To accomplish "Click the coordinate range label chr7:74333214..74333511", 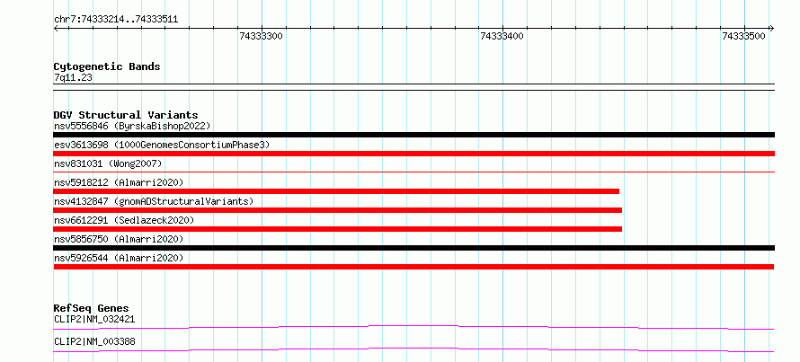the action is tap(116, 20).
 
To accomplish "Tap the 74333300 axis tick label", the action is tap(262, 36).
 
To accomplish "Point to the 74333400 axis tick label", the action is tap(502, 36).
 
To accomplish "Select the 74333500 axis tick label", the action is tap(744, 36).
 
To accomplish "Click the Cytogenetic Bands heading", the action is tap(107, 66).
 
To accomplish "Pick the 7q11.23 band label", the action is tap(73, 78).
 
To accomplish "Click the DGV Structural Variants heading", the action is tap(126, 115).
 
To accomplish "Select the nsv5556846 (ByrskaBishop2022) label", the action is tap(132, 126).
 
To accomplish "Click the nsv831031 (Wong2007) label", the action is tap(108, 163).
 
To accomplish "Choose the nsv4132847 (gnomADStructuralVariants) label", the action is tap(154, 201).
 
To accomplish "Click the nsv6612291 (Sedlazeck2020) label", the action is tap(124, 220).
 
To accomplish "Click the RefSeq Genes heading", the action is tap(91, 308).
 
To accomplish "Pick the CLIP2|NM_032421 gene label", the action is tap(94, 319).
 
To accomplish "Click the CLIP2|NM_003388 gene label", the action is tap(94, 341).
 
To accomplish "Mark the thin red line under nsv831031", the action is tap(413, 172).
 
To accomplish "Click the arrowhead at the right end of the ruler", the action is tap(772, 28).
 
